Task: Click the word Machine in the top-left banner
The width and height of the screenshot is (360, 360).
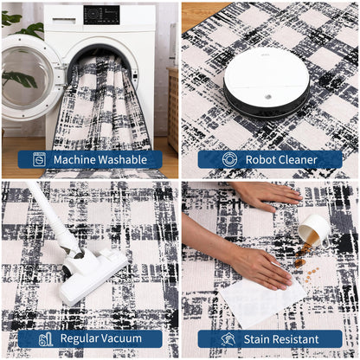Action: pyautogui.click(x=74, y=159)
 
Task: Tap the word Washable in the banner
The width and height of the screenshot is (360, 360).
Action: pyautogui.click(x=123, y=159)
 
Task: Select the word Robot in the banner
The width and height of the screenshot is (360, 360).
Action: pyautogui.click(x=258, y=159)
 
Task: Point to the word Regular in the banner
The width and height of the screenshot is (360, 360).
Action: pyautogui.click(x=80, y=338)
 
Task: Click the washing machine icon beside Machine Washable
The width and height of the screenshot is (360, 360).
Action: pyautogui.click(x=40, y=159)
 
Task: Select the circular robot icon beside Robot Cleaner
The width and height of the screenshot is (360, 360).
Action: pyautogui.click(x=229, y=159)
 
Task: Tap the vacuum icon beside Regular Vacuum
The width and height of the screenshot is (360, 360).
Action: pyautogui.click(x=46, y=339)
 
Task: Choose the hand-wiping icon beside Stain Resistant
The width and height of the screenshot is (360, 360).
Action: pyautogui.click(x=228, y=339)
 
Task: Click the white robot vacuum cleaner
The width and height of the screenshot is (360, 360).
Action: pyautogui.click(x=267, y=82)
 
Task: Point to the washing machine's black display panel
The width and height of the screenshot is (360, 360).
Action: pyautogui.click(x=101, y=15)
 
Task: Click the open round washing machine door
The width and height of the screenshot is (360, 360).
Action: pyautogui.click(x=32, y=77)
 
